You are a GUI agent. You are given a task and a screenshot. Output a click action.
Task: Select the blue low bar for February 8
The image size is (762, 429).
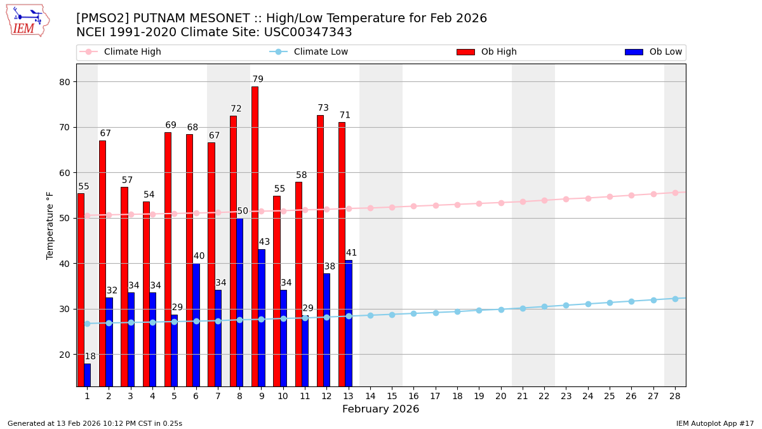[x=239, y=302]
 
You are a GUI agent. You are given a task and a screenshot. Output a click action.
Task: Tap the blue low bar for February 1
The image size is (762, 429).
[x=87, y=375]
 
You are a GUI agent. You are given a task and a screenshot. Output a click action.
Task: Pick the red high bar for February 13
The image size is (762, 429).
[x=342, y=254]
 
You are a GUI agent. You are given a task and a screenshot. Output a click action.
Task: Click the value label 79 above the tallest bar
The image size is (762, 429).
[x=258, y=79]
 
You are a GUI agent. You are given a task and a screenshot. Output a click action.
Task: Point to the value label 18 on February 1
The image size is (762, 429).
[x=90, y=357]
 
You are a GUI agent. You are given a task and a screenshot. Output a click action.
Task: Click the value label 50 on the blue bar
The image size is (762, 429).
[x=243, y=211]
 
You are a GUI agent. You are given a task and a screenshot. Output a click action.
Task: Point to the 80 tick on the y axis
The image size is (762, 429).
[x=65, y=81]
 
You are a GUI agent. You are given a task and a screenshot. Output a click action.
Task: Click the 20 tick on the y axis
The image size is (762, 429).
[x=65, y=355]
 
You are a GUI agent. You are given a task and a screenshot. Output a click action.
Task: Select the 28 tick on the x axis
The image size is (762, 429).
[x=675, y=396]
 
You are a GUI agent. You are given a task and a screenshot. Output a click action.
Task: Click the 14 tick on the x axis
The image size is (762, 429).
[x=370, y=396]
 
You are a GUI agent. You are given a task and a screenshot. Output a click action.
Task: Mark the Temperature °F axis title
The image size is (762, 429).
[x=50, y=225]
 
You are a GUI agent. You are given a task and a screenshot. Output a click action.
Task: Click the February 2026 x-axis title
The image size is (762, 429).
[x=380, y=409]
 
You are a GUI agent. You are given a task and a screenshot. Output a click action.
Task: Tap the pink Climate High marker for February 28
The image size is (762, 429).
[x=675, y=193]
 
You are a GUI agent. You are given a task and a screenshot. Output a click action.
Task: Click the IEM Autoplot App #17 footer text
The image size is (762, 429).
[x=715, y=423]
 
